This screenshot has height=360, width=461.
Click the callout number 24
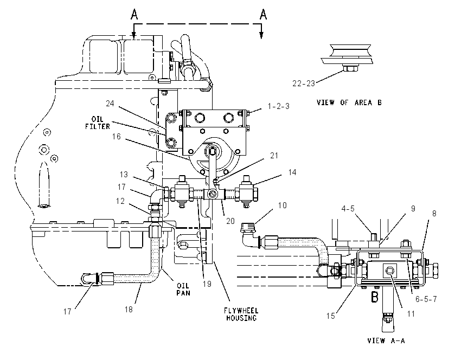(x=110, y=104)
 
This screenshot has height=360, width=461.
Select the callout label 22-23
(x=304, y=83)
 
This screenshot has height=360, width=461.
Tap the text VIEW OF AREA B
(x=349, y=102)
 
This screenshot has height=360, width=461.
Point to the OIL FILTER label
(x=98, y=123)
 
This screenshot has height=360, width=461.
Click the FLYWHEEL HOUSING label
(x=241, y=314)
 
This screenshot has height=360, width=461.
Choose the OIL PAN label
(x=183, y=289)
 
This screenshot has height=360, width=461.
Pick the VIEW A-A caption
(x=386, y=340)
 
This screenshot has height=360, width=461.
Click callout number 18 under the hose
(x=129, y=309)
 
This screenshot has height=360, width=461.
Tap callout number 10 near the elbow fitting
(x=282, y=205)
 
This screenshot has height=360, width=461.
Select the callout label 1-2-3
(x=279, y=106)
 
